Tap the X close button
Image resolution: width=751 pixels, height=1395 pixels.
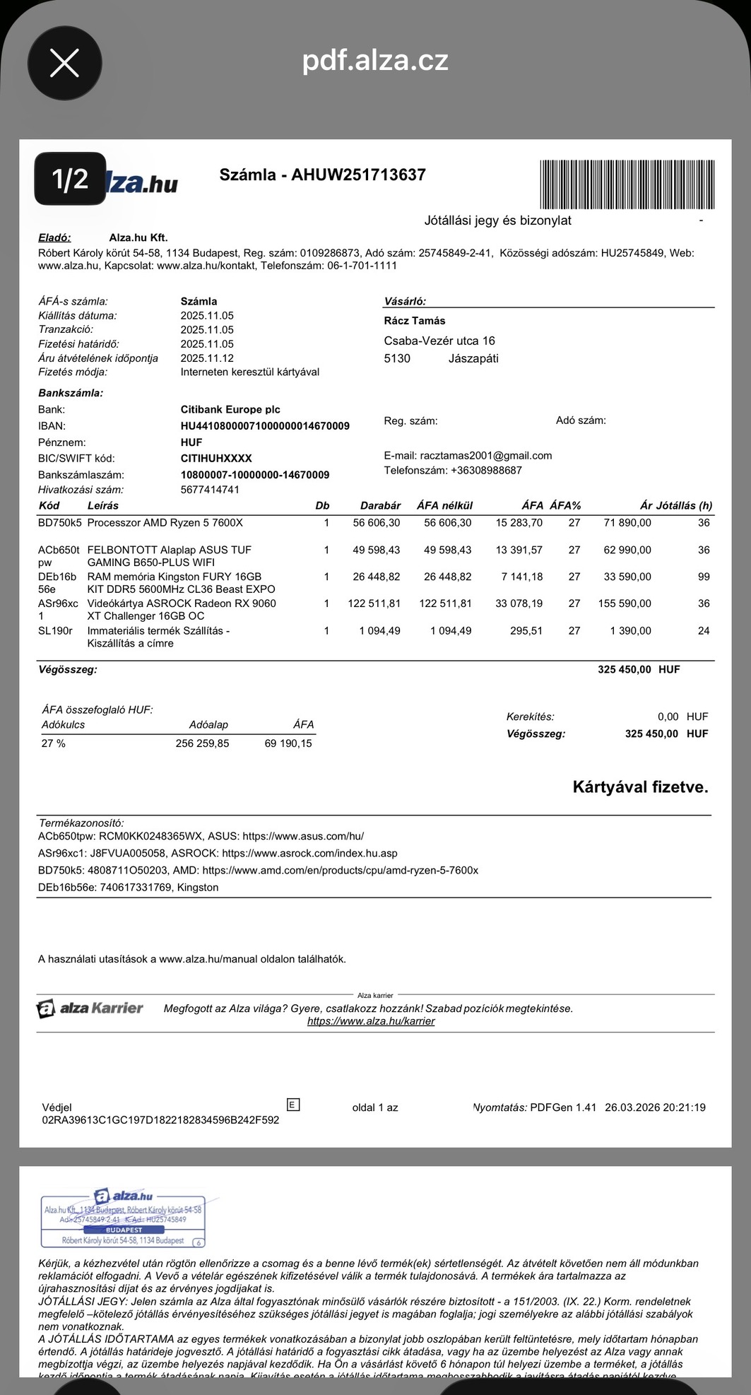coord(64,64)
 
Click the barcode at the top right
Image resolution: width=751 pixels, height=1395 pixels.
coord(627,184)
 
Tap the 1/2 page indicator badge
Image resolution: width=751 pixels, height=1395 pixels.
coord(70,179)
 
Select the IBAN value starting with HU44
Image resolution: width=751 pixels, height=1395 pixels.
coord(265,426)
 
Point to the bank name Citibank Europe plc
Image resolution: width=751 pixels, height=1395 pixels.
coord(230,409)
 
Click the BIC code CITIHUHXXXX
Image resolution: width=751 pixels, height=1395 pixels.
coord(216,458)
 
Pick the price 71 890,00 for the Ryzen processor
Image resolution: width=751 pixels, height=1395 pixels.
coord(627,523)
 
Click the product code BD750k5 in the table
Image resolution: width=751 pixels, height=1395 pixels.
coord(59,523)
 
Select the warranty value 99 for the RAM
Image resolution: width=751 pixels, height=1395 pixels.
coord(704,577)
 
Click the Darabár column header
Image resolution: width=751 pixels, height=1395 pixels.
coord(380,505)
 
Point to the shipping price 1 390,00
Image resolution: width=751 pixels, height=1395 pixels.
coord(630,630)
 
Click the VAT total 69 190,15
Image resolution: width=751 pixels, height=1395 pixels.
coord(288,743)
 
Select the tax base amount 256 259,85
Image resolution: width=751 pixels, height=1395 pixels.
coord(202,743)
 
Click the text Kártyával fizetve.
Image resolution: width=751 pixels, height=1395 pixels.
coord(640,787)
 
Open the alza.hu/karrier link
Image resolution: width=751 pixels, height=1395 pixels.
coord(371,1021)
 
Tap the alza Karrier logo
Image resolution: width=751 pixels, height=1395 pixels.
coord(90,1008)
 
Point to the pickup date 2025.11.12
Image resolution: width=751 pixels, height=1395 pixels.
coord(207,358)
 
